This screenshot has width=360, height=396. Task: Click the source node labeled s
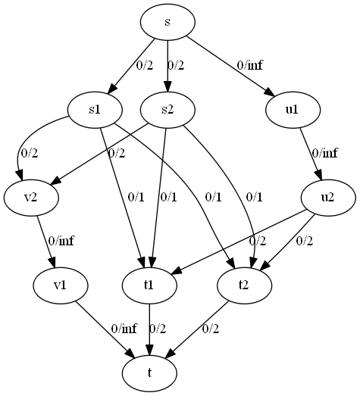tap(167, 22)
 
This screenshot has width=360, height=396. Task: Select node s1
tap(95, 110)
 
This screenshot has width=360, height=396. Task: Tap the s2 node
tap(167, 110)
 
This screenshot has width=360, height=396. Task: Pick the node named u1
tap(293, 110)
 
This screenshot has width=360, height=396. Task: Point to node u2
tap(328, 198)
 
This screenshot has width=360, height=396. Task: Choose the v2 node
tap(31, 198)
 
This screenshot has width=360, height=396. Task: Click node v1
tap(61, 285)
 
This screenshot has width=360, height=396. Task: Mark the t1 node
tap(149, 285)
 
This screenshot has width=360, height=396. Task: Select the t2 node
tap(245, 285)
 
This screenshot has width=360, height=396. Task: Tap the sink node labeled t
tap(149, 373)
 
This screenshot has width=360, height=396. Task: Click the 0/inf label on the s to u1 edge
tap(250, 66)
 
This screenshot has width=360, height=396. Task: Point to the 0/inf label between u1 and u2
tap(324, 153)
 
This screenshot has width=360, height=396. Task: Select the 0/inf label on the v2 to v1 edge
tap(61, 241)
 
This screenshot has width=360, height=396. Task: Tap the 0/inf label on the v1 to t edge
tap(124, 329)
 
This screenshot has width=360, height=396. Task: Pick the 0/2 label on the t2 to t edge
tap(211, 329)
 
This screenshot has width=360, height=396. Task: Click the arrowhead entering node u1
tap(270, 92)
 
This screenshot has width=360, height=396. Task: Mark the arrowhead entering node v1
tap(53, 263)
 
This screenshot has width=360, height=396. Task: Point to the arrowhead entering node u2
tap(319, 175)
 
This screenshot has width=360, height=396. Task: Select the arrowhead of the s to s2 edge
tap(167, 86)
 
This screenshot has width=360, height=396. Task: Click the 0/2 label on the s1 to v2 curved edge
tap(30, 153)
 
